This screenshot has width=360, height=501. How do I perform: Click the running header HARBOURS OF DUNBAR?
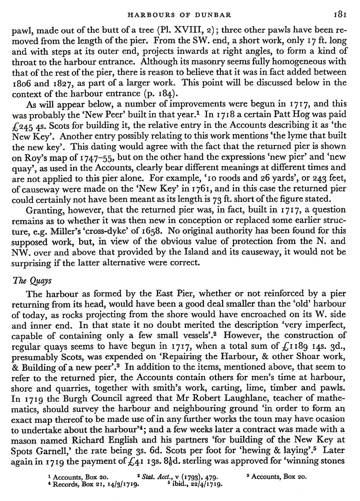[179, 15]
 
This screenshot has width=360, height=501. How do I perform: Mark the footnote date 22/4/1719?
[201, 483]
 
